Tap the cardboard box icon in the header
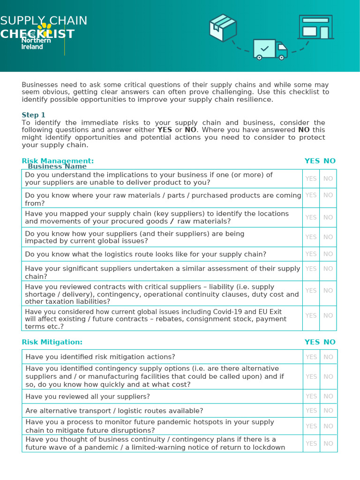pos(223,27)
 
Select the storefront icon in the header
pos(315,27)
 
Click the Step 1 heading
pos(34,115)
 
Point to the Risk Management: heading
pos(58,161)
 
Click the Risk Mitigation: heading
pos(52,342)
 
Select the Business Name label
pos(57,166)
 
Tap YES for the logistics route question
pos(311,254)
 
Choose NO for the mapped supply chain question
pos(328,217)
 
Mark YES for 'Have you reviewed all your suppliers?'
pos(311,397)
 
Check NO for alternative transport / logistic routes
pos(328,411)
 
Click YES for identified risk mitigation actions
pos(311,357)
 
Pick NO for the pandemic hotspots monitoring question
pos(328,426)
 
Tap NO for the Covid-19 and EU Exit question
pos(328,315)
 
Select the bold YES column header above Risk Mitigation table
pos(312,342)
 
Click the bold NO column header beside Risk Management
pos(330,161)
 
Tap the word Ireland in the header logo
pos(32,47)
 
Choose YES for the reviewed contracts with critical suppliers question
pos(311,291)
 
